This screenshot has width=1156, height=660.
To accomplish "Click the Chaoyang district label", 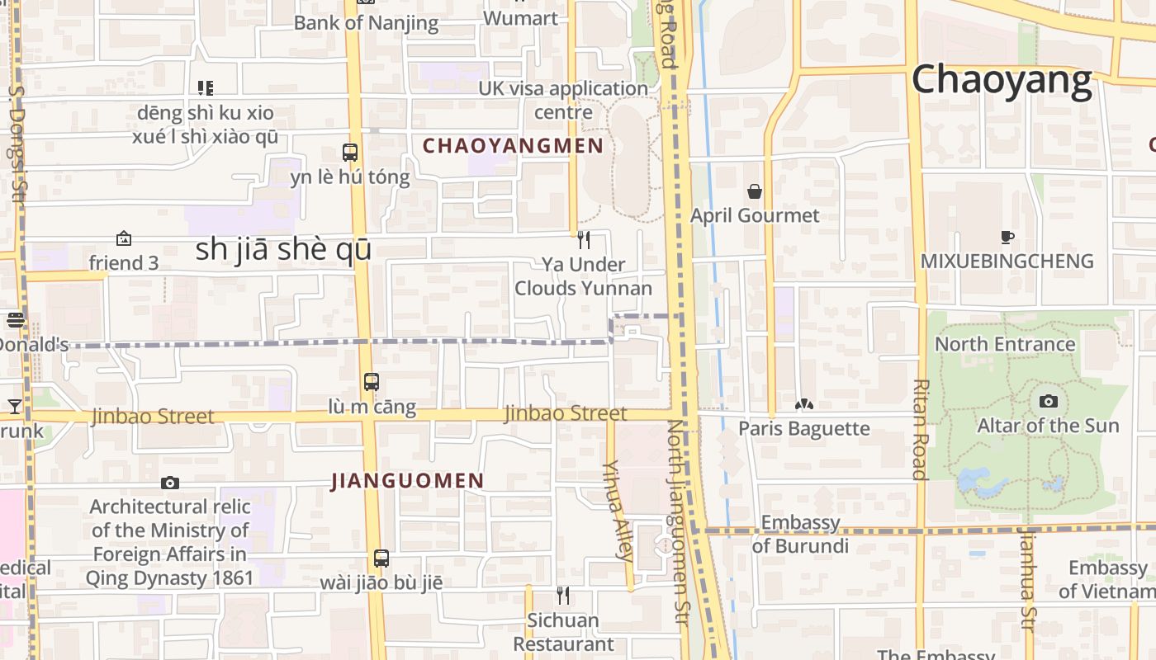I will click(x=1002, y=81).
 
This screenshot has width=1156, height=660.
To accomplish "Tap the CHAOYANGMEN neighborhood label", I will click(x=513, y=146).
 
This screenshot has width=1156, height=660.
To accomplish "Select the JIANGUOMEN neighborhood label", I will click(x=408, y=481).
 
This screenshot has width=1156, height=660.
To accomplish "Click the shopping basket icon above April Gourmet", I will click(x=755, y=192).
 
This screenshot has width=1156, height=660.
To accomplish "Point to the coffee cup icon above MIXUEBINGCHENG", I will click(x=1007, y=238).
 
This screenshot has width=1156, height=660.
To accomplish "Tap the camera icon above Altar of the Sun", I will click(x=1048, y=402).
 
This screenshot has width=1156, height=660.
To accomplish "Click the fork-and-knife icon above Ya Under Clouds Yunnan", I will click(x=584, y=240).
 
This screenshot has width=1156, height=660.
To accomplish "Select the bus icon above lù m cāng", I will click(x=372, y=382).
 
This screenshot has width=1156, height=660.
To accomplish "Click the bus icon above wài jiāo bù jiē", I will click(x=381, y=559).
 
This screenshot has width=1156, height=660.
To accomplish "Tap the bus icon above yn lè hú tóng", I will click(x=350, y=153).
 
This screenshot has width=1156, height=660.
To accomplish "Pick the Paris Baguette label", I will click(x=803, y=429).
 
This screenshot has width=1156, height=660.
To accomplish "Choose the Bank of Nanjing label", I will click(x=366, y=22).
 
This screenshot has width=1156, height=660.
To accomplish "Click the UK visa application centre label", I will click(x=564, y=100).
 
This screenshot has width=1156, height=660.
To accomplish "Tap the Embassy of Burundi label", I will click(x=800, y=534).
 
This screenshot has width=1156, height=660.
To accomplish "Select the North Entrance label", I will click(x=1004, y=344).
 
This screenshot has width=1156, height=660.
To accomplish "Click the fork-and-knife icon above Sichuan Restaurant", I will click(x=563, y=595).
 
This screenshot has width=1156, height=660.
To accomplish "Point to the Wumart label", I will click(x=520, y=17).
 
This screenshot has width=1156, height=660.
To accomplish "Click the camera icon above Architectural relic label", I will click(x=170, y=483).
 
